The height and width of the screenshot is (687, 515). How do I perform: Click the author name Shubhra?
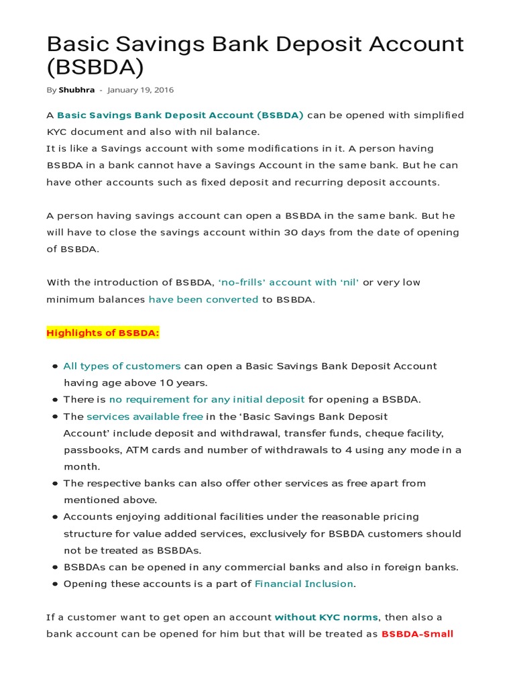pos(76,90)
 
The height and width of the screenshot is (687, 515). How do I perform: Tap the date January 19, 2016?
pos(140,90)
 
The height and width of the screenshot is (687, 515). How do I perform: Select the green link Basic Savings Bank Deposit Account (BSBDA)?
pos(180,115)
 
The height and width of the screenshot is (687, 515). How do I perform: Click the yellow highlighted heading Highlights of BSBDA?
pos(103,333)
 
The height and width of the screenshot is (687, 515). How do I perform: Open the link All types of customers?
pos(122,366)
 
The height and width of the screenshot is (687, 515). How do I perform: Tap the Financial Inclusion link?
pos(304,584)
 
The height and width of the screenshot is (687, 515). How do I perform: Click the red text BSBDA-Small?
pos(417,634)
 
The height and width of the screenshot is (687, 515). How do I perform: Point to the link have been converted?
pos(203,299)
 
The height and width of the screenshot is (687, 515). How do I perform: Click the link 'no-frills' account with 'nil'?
pos(289,282)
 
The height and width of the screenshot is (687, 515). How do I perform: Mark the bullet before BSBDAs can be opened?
pos(54,568)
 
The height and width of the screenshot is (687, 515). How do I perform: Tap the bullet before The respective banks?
pos(54,484)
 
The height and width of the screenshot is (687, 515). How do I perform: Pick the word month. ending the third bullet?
pos(82,466)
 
